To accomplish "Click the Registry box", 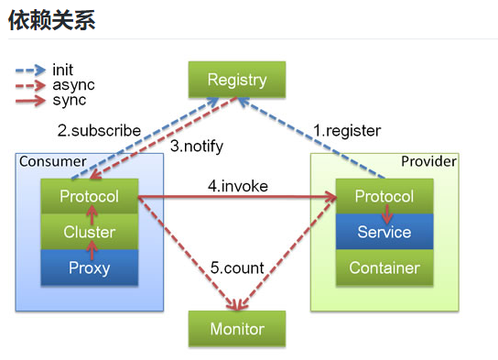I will coord(236,80).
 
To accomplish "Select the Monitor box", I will coord(236,329).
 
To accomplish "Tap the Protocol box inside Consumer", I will coord(89,197).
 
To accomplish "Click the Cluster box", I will coord(89,233).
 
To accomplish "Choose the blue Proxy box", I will coord(89,267).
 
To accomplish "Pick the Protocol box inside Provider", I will coord(384,197).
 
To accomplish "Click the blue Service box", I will coord(384,233).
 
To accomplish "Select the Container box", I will coord(384,267).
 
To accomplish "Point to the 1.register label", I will coord(347,131).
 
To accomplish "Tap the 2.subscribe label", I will coord(99,131).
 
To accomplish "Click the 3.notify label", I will coord(197,146).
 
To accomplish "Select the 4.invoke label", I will coord(237,186).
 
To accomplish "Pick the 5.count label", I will coord(237,268).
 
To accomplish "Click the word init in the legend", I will coord(63,70).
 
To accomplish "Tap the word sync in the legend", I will coord(70,100).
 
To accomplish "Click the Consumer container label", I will coord(52,162).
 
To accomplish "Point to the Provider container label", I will coord(428,162).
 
